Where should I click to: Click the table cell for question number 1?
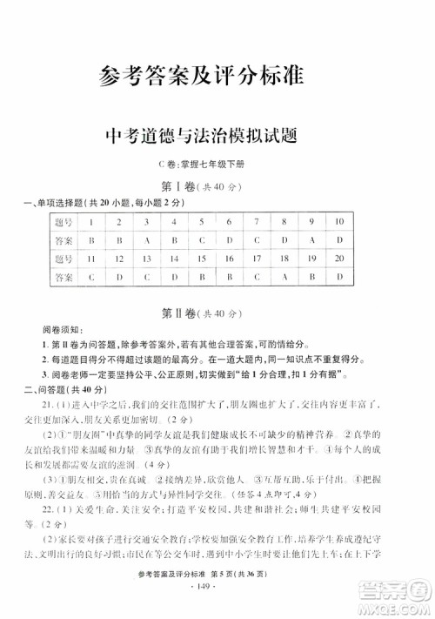[90, 222]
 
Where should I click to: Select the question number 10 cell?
[340, 222]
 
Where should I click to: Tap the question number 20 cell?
[340, 258]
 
